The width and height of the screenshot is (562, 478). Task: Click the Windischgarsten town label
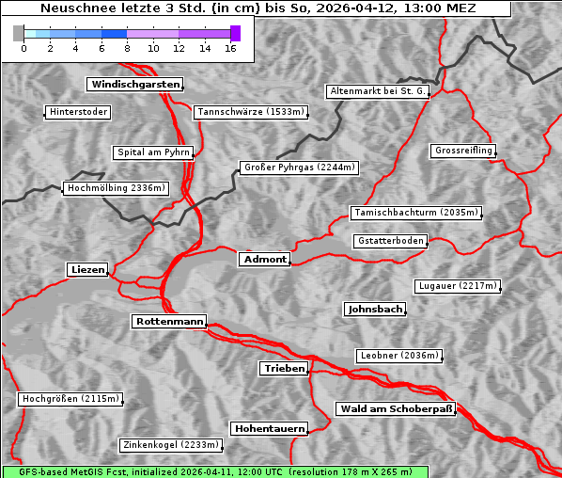click(x=134, y=85)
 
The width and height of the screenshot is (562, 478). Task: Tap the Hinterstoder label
click(x=78, y=113)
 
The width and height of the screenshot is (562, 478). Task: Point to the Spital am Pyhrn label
click(x=154, y=152)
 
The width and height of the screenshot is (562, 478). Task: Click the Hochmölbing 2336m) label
click(x=116, y=188)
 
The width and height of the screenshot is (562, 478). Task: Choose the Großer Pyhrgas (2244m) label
click(x=299, y=168)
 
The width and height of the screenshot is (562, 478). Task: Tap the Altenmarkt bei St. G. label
click(x=378, y=91)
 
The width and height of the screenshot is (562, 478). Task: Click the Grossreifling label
click(x=463, y=151)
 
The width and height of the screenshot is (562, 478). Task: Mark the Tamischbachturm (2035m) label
click(x=415, y=213)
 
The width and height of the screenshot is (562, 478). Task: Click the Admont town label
click(x=265, y=259)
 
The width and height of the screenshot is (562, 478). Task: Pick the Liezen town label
click(x=87, y=270)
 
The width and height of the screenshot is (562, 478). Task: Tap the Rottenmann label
click(x=169, y=322)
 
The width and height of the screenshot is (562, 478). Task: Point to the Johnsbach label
click(x=375, y=309)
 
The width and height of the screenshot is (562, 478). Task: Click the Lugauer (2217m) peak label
click(x=457, y=286)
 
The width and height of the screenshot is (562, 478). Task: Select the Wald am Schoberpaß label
click(x=396, y=408)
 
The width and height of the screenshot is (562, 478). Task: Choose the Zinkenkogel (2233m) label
click(x=171, y=445)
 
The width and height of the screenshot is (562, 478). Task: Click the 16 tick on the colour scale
click(x=230, y=47)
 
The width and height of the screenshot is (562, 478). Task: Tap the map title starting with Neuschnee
click(x=258, y=8)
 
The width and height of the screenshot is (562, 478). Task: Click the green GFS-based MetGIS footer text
click(x=214, y=471)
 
